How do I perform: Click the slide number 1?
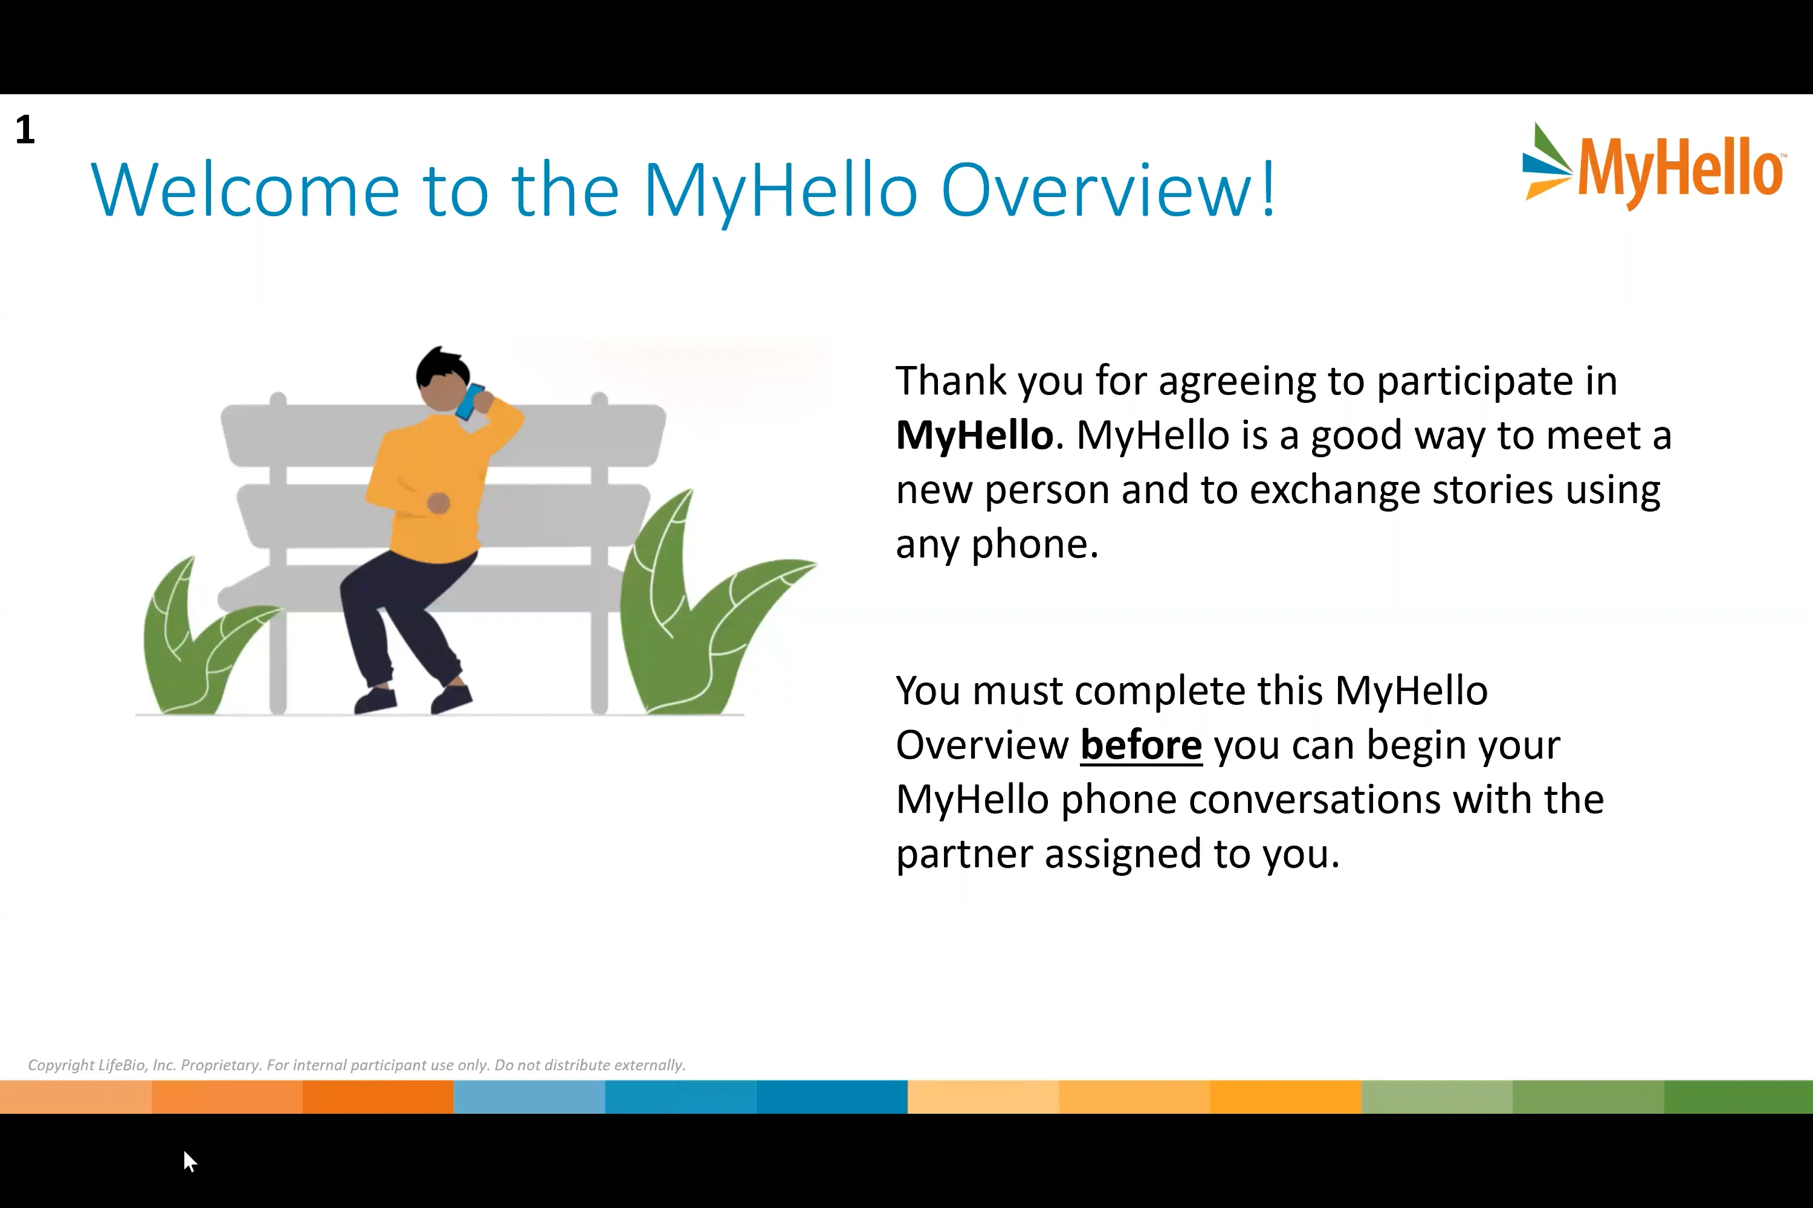point(25,129)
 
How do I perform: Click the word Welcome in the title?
point(245,190)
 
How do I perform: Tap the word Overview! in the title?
point(1108,190)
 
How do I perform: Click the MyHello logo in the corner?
point(1653,169)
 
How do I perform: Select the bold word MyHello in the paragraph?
point(974,435)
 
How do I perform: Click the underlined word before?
point(1141,745)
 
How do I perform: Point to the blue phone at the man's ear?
point(469,402)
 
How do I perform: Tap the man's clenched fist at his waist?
point(439,503)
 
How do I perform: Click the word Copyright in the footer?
point(61,1065)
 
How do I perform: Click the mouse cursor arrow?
point(189,1160)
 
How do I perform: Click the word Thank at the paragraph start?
point(951,381)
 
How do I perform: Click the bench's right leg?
point(599,663)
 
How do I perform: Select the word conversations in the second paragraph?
point(1315,800)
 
